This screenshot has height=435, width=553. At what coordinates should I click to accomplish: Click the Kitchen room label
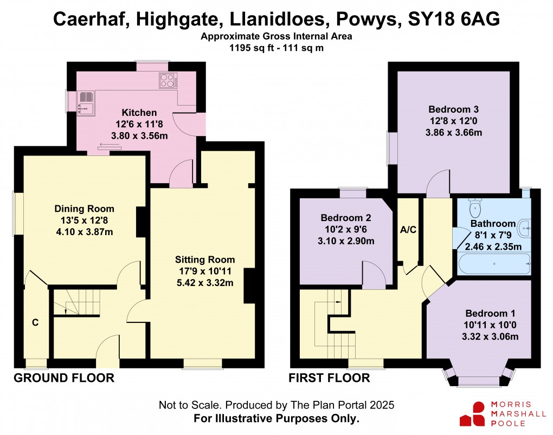click(x=139, y=113)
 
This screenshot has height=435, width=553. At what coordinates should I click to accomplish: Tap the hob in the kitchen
click(x=168, y=81)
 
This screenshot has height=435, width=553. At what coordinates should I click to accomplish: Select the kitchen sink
click(x=86, y=103)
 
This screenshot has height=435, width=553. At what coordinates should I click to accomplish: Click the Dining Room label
click(x=84, y=209)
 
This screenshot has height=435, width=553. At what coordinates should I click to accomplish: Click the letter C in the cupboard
click(x=35, y=323)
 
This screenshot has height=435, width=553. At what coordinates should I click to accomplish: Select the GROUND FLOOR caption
click(x=63, y=378)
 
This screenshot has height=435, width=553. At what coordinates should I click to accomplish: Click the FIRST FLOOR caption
click(x=329, y=378)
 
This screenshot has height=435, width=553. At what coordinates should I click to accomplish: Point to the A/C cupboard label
click(x=408, y=230)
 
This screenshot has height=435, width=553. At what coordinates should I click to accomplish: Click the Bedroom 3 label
click(x=453, y=108)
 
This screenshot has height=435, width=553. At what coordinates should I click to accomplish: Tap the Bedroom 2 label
click(x=345, y=218)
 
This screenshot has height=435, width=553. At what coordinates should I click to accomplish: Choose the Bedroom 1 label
click(x=490, y=313)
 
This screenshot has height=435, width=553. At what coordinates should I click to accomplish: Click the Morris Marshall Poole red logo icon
click(x=472, y=414)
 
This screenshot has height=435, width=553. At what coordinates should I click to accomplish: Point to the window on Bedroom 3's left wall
click(x=389, y=148)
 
